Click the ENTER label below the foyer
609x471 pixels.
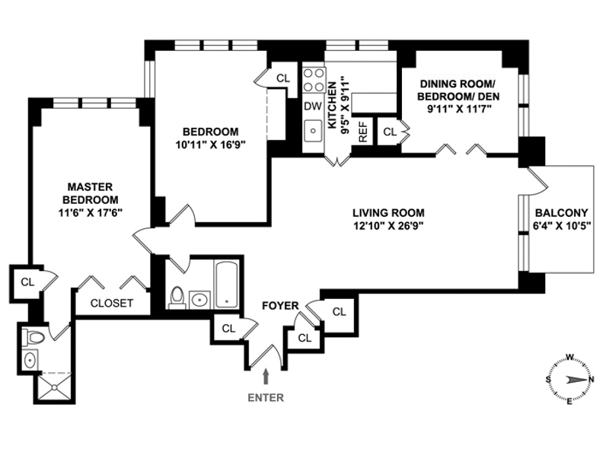(266, 396)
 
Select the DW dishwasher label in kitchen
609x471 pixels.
(312, 107)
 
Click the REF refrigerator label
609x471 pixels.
(363, 132)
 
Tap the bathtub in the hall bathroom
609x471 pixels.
(226, 285)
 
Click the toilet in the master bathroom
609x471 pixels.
(34, 336)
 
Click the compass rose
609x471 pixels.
(569, 379)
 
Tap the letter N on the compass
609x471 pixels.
(591, 379)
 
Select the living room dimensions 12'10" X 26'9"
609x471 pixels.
(388, 226)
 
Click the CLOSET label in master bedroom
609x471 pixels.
(112, 303)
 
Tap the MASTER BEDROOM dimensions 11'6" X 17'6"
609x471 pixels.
(90, 214)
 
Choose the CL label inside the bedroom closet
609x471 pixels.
(283, 78)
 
